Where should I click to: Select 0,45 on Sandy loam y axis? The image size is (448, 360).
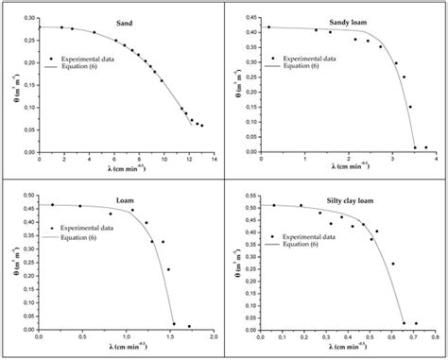[x=250, y=17]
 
